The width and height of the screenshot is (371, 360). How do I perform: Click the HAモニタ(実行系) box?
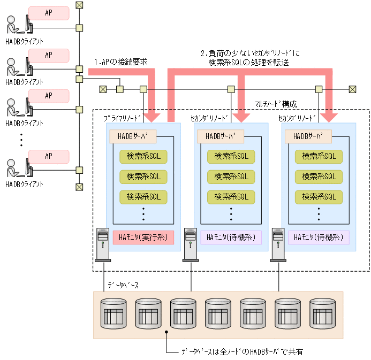point(143,238)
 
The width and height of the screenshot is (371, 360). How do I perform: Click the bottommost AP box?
point(49,156)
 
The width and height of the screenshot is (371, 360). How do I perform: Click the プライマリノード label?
point(123,117)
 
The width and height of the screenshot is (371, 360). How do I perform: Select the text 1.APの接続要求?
point(120,62)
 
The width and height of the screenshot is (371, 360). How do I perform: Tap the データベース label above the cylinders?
point(123,285)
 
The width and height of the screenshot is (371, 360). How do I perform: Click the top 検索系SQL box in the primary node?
point(143,156)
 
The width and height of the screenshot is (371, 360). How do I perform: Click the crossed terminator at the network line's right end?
point(352,89)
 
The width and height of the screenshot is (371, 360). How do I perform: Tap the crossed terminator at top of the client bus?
point(79,5)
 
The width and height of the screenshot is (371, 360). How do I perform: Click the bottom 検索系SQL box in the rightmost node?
point(319,197)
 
